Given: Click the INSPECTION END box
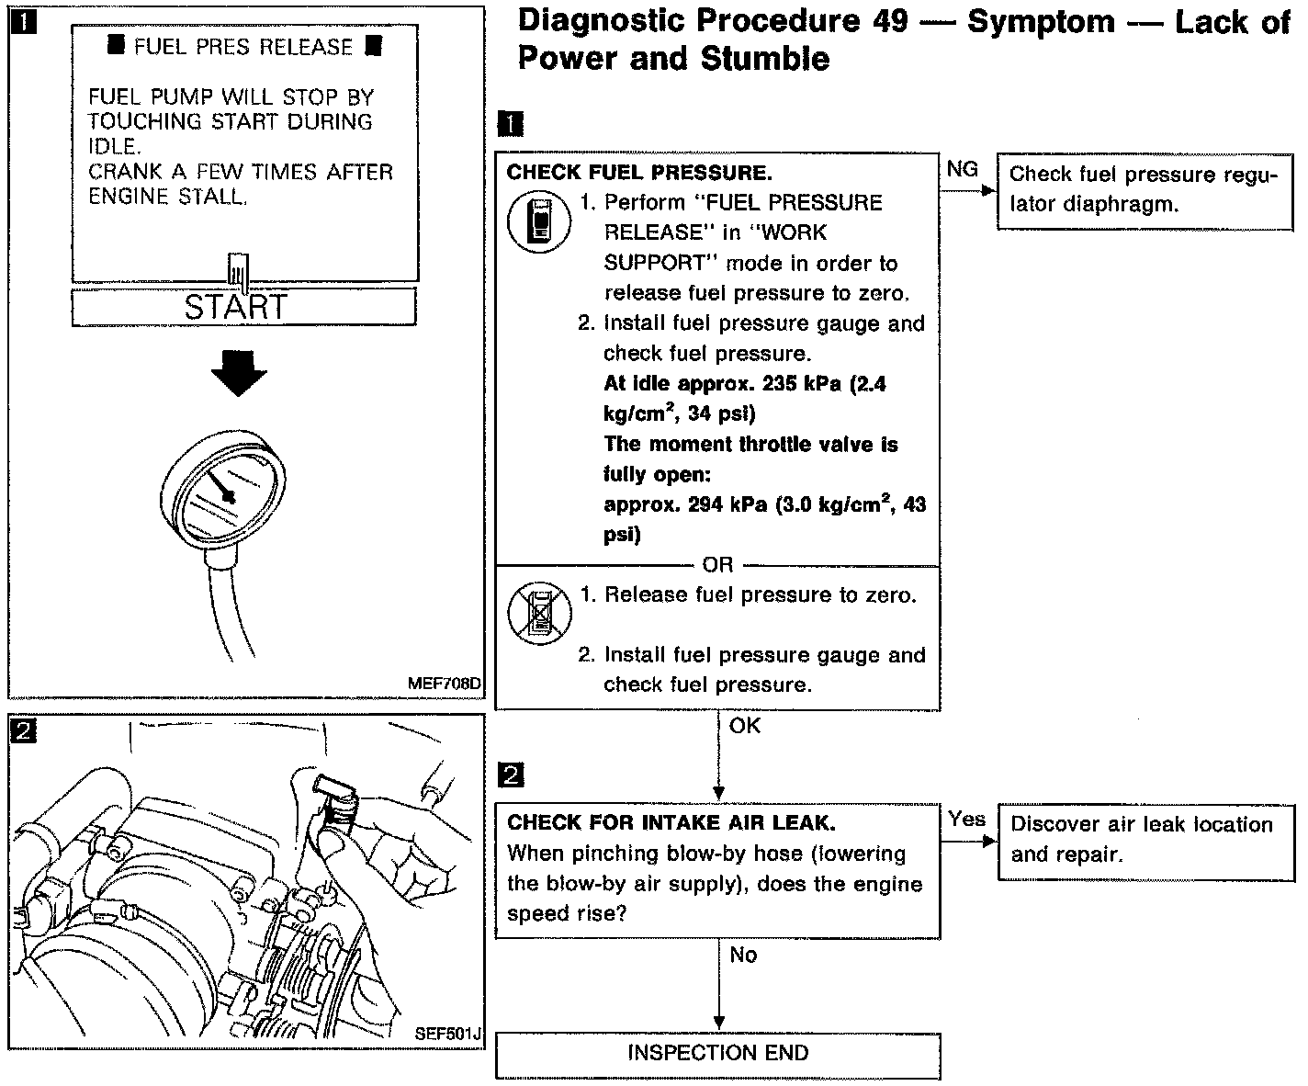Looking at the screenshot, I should coord(717,1053).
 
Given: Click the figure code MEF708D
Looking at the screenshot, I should coord(445,684).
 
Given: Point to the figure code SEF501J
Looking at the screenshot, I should coord(447,1034).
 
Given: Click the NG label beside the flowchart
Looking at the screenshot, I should coord(962,169).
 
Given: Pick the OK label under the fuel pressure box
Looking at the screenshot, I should coord(745,726).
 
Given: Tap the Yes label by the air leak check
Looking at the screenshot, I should coord(966,819).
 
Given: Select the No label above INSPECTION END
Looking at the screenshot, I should coord(743,956).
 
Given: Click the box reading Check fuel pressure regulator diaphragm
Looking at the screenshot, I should coord(1144,189).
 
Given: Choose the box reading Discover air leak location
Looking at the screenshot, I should coord(1144,839).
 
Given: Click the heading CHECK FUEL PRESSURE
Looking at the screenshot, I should coord(639,173).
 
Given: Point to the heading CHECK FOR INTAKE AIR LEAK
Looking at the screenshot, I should coord(671,823).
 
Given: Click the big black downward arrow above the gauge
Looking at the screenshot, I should coord(238,373).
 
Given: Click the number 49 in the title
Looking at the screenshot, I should coord(887,22).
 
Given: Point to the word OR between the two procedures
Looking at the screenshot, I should coord(717,565).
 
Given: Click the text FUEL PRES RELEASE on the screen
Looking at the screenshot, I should coord(243,47).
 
